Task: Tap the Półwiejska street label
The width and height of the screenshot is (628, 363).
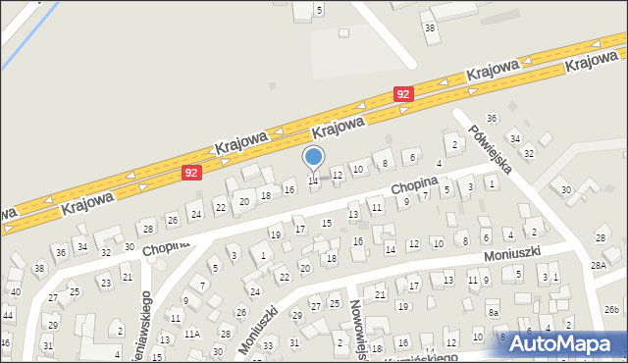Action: click(x=490, y=148)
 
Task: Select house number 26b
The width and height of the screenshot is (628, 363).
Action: click(x=612, y=309)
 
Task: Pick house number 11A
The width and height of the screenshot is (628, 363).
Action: click(x=192, y=334)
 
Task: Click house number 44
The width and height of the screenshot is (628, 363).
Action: click(x=8, y=315)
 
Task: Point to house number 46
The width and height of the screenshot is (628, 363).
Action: click(x=5, y=342)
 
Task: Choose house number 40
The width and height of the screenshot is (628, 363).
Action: click(x=15, y=291)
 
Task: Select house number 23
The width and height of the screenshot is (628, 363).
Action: click(x=104, y=283)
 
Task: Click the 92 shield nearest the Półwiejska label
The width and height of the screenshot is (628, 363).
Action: click(x=402, y=93)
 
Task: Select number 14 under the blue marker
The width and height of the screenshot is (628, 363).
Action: click(x=313, y=181)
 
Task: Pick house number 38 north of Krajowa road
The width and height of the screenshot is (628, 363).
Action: click(x=429, y=27)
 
